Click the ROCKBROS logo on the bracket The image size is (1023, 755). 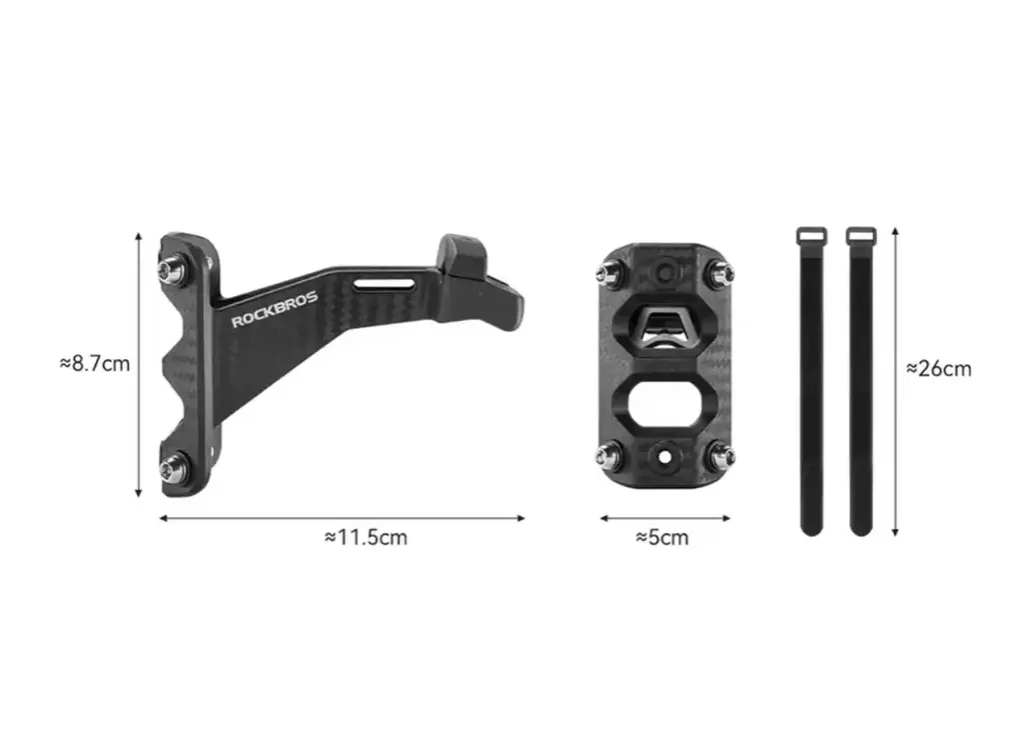click(x=275, y=309)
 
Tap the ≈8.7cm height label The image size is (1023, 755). click(x=95, y=363)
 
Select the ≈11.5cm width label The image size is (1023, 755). click(x=366, y=537)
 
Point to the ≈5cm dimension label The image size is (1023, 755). click(x=662, y=537)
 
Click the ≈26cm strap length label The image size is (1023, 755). click(x=939, y=369)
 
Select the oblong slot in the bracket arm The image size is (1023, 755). click(x=385, y=284)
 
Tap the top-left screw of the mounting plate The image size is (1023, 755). click(x=608, y=273)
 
